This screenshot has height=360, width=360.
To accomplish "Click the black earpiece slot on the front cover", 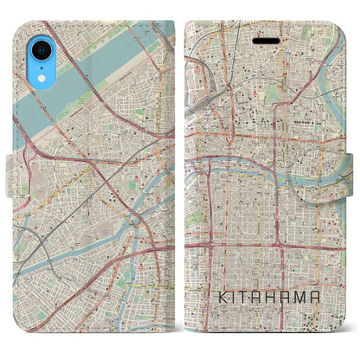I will (266, 40).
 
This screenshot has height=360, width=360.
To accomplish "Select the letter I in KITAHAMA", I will (227, 295).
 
